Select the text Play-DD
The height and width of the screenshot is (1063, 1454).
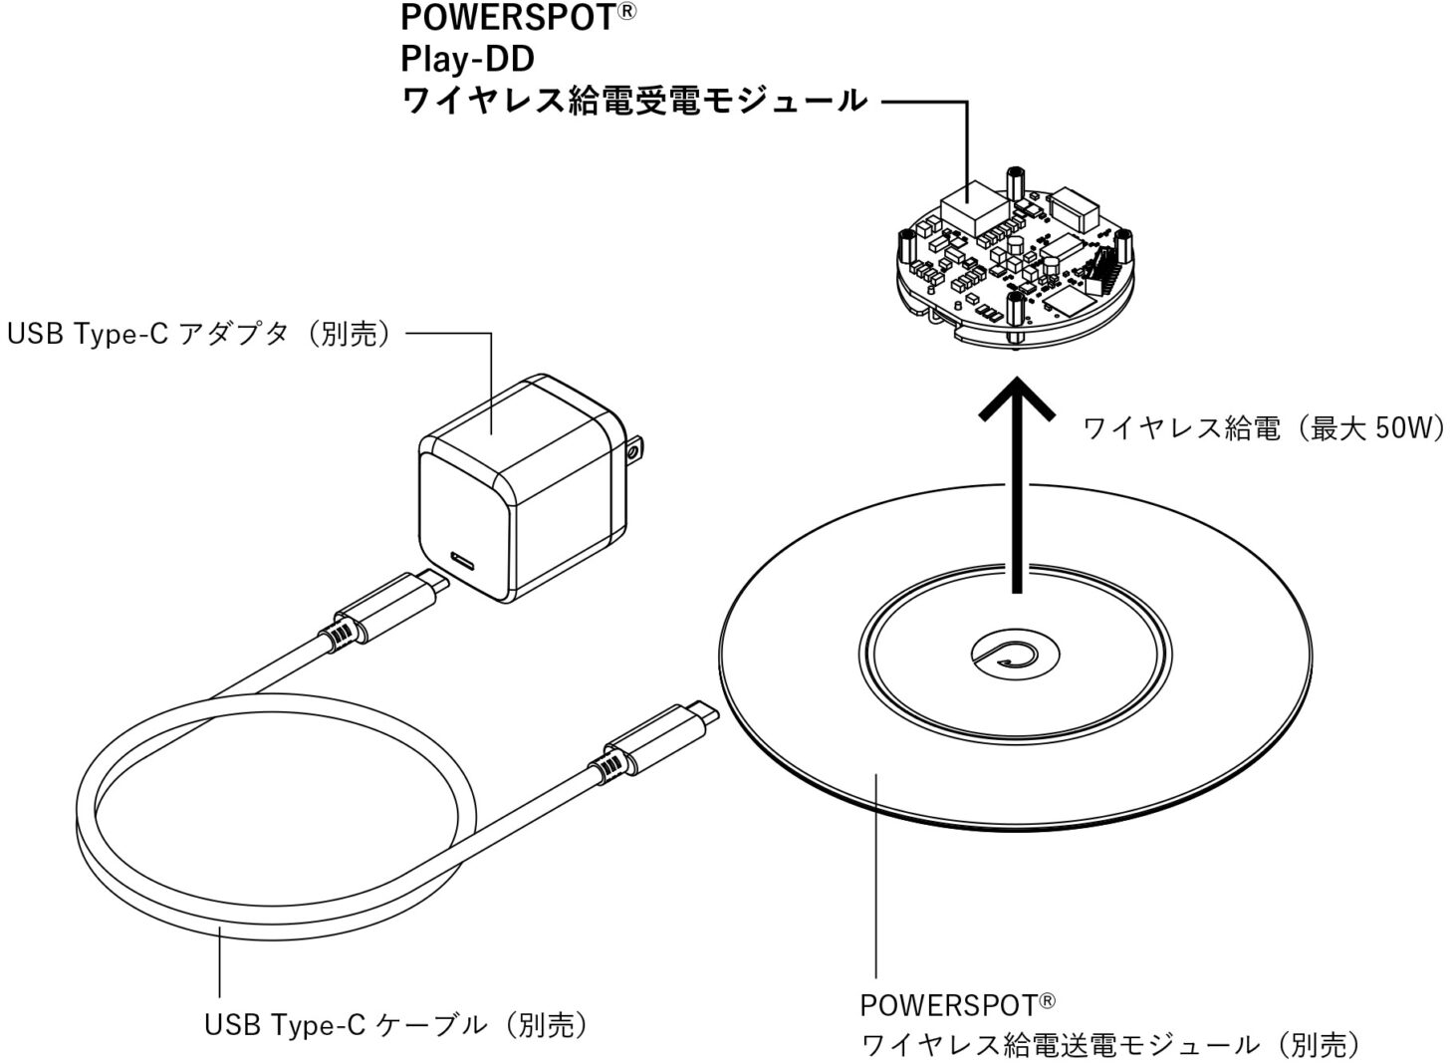click(467, 60)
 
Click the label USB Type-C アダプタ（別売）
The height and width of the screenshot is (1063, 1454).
click(199, 335)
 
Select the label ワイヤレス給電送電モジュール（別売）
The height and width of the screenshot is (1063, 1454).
click(1110, 1044)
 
